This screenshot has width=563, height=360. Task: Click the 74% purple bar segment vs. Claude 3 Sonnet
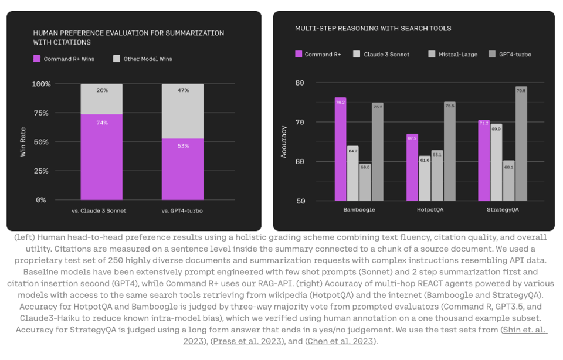[x=101, y=157]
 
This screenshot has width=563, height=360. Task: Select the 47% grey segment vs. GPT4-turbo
[x=182, y=111]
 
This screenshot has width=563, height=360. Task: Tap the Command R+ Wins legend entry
[x=64, y=59]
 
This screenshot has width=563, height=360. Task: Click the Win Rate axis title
[x=23, y=142]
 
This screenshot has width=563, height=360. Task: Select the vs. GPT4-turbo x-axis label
[x=182, y=210]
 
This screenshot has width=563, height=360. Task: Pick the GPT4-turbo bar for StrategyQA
[x=521, y=144]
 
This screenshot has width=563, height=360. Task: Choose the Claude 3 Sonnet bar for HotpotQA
[x=425, y=178]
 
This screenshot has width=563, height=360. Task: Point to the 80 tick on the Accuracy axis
[x=300, y=83]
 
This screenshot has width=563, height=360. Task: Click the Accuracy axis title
[x=284, y=142]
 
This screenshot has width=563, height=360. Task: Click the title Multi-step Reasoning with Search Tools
[x=373, y=28]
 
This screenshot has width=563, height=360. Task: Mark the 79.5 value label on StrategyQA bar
[x=521, y=90]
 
